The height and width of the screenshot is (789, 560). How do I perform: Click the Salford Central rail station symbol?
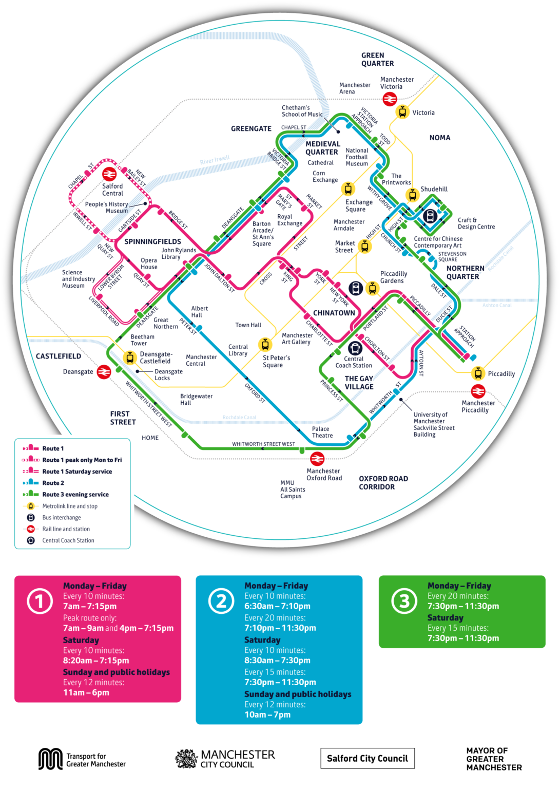(x=109, y=174)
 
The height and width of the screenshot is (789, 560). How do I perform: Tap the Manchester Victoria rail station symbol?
(x=390, y=99)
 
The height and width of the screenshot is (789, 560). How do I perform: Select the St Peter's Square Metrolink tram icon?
(x=265, y=344)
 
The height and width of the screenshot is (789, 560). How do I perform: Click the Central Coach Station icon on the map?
(x=355, y=348)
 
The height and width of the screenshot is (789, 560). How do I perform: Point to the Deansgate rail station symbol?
(x=104, y=371)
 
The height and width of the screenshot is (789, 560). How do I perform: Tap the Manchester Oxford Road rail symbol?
(x=317, y=458)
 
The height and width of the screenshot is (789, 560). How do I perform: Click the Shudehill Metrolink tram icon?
(x=412, y=195)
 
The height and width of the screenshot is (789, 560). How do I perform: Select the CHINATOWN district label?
(x=334, y=313)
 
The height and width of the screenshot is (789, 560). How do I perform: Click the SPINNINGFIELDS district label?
(x=152, y=241)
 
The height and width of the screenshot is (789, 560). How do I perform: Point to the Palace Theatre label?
(x=322, y=432)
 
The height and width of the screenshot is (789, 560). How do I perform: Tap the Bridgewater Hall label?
(x=196, y=399)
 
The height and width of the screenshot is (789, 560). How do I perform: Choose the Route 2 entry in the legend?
(x=53, y=483)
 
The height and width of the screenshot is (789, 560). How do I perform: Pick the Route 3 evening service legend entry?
(x=75, y=494)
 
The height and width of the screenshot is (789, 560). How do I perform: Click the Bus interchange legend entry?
(x=61, y=517)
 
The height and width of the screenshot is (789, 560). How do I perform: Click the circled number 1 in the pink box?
(x=40, y=602)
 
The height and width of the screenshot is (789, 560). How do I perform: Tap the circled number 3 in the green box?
(x=404, y=602)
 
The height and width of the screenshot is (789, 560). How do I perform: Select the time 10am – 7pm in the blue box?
(x=267, y=715)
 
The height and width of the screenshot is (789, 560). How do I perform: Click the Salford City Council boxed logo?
(x=367, y=758)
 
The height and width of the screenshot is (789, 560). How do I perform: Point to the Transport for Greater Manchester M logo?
(x=50, y=759)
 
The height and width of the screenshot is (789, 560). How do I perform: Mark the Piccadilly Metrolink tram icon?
(x=478, y=373)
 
